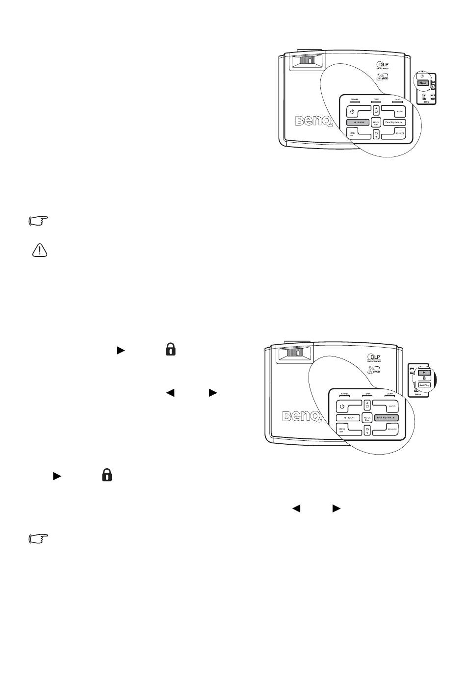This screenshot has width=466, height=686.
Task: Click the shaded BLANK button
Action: (x=358, y=122)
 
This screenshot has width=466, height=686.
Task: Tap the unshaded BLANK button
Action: (x=348, y=417)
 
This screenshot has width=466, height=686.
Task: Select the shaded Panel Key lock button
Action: (x=386, y=417)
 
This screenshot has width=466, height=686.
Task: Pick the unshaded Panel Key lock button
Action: (x=394, y=122)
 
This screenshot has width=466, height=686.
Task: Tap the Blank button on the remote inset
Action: (x=423, y=83)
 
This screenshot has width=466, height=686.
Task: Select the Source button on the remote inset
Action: (x=424, y=385)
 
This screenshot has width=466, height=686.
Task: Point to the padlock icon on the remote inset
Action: (x=424, y=378)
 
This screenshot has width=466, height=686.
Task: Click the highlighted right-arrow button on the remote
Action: (x=424, y=373)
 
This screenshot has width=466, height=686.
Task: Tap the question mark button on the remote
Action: (x=423, y=76)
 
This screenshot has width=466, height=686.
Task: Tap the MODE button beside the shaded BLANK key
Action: (x=376, y=123)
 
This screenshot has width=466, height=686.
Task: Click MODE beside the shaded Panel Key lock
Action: (x=366, y=418)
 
